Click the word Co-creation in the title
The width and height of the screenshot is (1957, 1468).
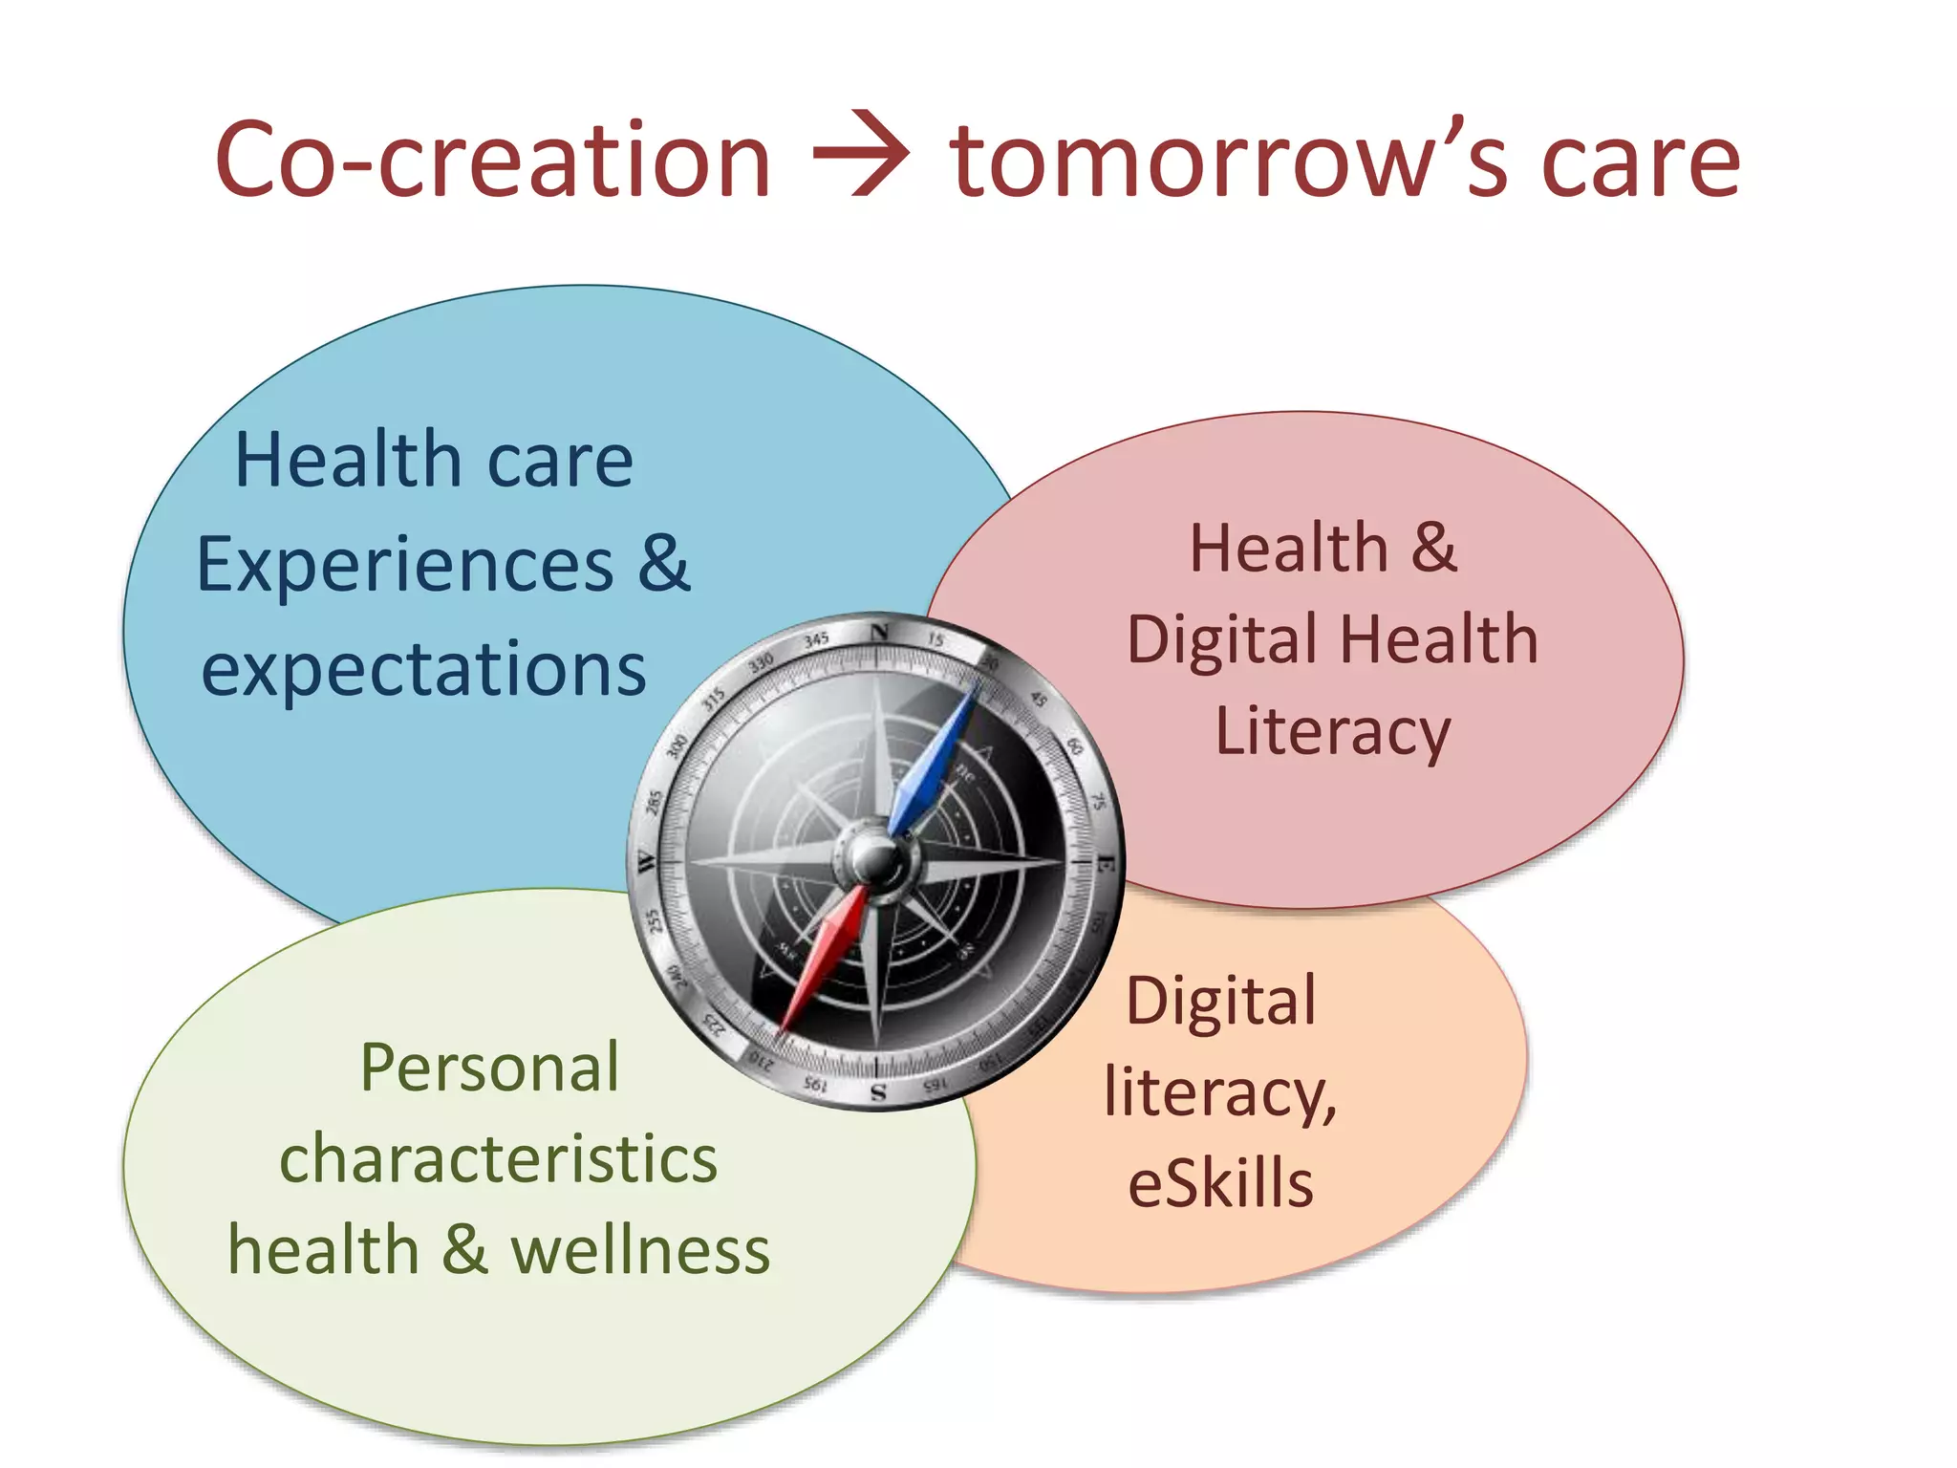pyautogui.click(x=492, y=160)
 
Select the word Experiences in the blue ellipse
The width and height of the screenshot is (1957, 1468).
pyautogui.click(x=404, y=565)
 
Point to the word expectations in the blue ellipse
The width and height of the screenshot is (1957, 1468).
pyautogui.click(x=423, y=670)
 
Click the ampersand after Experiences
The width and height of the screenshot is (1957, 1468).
pyautogui.click(x=664, y=563)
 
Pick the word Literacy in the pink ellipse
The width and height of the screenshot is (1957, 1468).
pyautogui.click(x=1333, y=732)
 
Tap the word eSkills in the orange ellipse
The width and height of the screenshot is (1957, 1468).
pyautogui.click(x=1220, y=1183)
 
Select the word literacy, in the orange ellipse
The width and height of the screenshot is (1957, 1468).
pyautogui.click(x=1220, y=1091)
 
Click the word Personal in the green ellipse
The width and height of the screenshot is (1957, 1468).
pyautogui.click(x=489, y=1068)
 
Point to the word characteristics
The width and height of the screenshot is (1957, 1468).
pyautogui.click(x=498, y=1159)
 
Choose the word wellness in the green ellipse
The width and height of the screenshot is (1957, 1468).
pyautogui.click(x=640, y=1251)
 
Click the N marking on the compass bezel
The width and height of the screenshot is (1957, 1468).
pyautogui.click(x=880, y=632)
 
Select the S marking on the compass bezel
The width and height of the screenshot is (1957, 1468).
pyautogui.click(x=878, y=1091)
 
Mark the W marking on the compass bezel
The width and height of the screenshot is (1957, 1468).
pyautogui.click(x=647, y=862)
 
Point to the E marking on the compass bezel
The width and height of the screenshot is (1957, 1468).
pyautogui.click(x=1105, y=865)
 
